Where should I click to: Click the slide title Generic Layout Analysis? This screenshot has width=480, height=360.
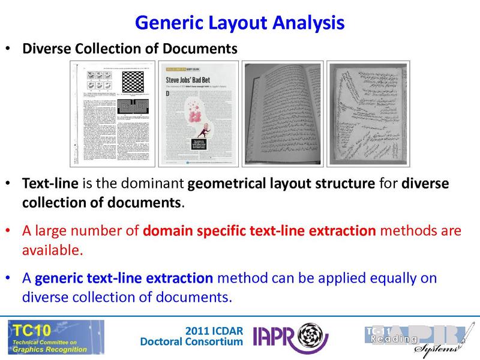(240, 23)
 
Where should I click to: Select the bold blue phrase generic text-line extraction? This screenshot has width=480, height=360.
(124, 279)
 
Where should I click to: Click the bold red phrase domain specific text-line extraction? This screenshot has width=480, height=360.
(259, 231)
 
